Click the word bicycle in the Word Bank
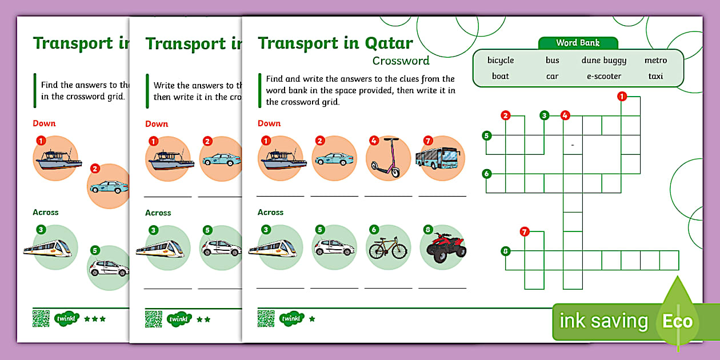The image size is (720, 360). [500, 61]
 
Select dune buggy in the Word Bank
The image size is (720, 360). [603, 61]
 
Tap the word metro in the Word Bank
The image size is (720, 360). [655, 61]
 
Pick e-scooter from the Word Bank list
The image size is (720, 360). [603, 76]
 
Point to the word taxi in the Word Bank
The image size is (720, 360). [655, 76]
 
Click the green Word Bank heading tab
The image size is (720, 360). [578, 43]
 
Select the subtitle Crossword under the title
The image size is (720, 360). [401, 61]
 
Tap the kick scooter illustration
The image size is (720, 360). [389, 158]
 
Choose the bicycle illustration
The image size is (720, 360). [388, 248]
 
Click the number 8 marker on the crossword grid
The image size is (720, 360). [505, 250]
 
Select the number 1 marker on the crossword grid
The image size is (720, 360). [622, 96]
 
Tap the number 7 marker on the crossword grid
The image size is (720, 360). [525, 231]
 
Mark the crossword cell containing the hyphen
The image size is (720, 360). [573, 145]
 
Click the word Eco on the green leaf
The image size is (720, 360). [677, 321]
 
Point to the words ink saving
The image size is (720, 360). [603, 321]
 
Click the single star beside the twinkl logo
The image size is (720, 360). [312, 319]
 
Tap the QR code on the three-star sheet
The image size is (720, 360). [41, 318]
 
